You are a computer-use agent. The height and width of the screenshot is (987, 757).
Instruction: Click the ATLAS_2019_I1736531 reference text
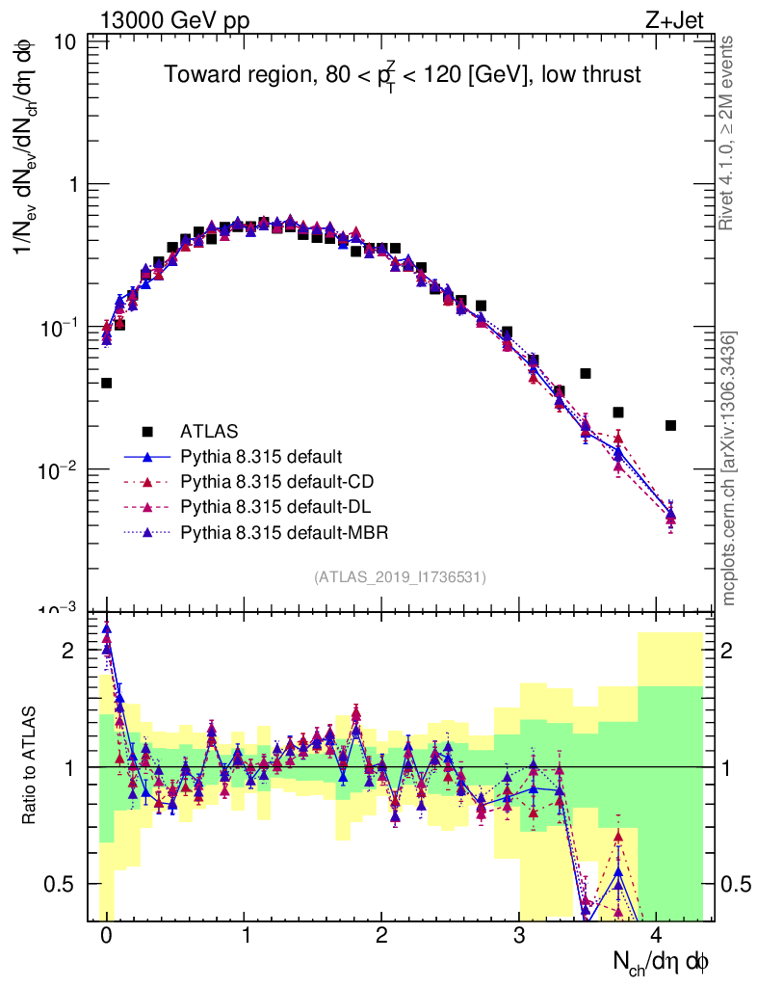click(400, 576)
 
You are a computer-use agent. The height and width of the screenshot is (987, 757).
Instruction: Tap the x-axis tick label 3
click(519, 935)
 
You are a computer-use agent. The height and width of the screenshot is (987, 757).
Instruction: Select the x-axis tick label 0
click(106, 935)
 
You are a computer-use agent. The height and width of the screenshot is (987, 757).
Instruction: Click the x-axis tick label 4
click(657, 935)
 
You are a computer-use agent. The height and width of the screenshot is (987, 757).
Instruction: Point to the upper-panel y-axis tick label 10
click(66, 43)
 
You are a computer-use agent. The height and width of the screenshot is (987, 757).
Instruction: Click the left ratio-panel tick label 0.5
click(65, 884)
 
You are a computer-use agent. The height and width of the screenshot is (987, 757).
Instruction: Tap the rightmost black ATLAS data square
click(670, 425)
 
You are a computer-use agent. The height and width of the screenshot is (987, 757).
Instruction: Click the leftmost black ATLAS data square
click(106, 383)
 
